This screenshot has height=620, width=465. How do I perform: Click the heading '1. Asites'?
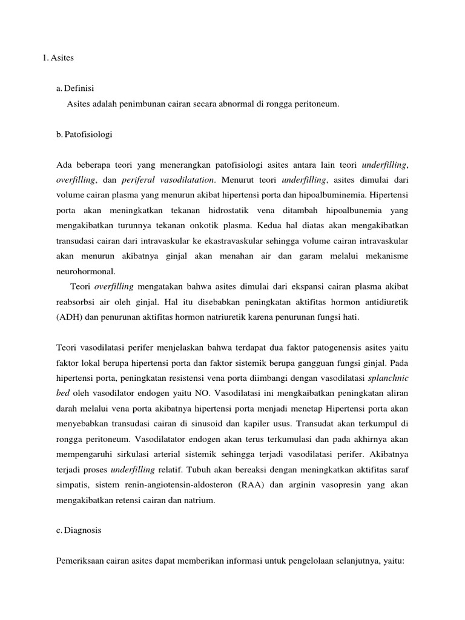tap(58, 58)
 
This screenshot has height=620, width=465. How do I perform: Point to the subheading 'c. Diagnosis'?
tap(79, 530)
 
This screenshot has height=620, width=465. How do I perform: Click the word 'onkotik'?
tap(272, 225)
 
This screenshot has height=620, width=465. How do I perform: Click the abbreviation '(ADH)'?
tap(69, 317)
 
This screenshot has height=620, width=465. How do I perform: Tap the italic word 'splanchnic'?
tap(389, 378)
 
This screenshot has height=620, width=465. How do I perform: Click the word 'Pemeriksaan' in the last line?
tap(81, 561)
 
